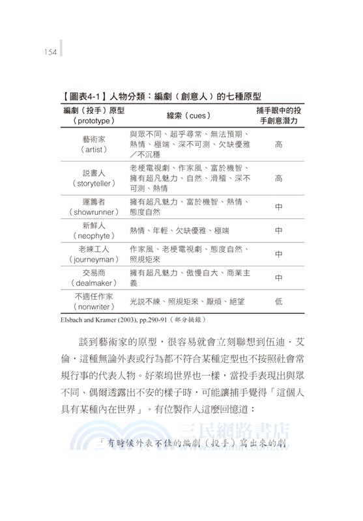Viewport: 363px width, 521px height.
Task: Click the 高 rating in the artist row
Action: coord(278,144)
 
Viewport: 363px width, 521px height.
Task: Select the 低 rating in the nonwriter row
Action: coord(278,301)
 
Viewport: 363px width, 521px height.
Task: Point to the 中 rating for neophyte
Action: coord(278,231)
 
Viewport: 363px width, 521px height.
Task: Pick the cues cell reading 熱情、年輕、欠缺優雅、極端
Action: coord(179,231)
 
